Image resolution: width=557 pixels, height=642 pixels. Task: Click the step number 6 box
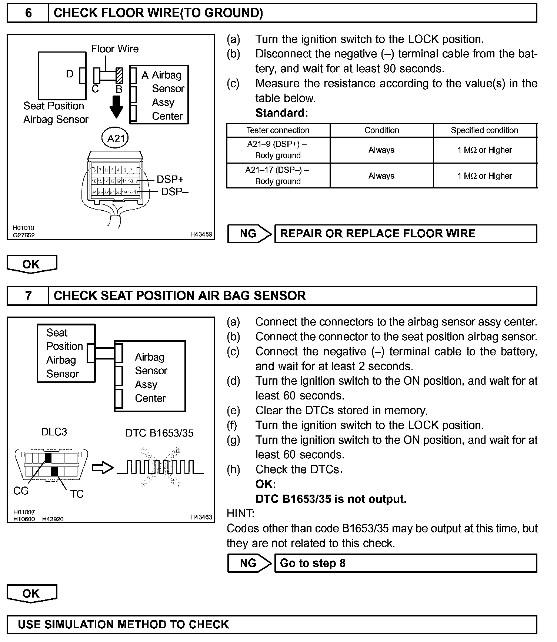28,13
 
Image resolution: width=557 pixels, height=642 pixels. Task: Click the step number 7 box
28,296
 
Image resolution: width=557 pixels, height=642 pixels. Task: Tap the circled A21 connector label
116,138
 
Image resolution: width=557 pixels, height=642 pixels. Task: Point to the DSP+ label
170,180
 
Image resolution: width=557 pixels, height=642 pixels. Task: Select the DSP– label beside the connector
174,192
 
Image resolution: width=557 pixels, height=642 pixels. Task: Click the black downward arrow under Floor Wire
117,107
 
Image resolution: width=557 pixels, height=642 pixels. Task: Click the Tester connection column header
278,130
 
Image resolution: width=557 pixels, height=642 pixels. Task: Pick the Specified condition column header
484,130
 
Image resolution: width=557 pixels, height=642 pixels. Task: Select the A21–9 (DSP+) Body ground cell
278,150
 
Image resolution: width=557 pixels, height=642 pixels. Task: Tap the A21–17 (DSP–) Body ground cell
278,175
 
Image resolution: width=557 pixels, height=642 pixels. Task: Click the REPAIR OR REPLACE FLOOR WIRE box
406,234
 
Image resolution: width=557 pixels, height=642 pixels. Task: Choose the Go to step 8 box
406,563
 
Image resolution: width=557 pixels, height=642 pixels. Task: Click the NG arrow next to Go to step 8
249,563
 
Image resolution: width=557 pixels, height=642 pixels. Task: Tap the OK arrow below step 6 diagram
31,264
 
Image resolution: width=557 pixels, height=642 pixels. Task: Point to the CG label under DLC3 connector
21,491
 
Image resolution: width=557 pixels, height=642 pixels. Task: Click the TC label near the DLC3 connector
77,494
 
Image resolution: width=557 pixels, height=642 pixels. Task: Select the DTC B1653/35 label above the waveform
159,433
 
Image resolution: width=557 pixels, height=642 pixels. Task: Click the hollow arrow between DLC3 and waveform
102,468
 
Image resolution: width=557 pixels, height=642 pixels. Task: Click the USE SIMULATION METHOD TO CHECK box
272,625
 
